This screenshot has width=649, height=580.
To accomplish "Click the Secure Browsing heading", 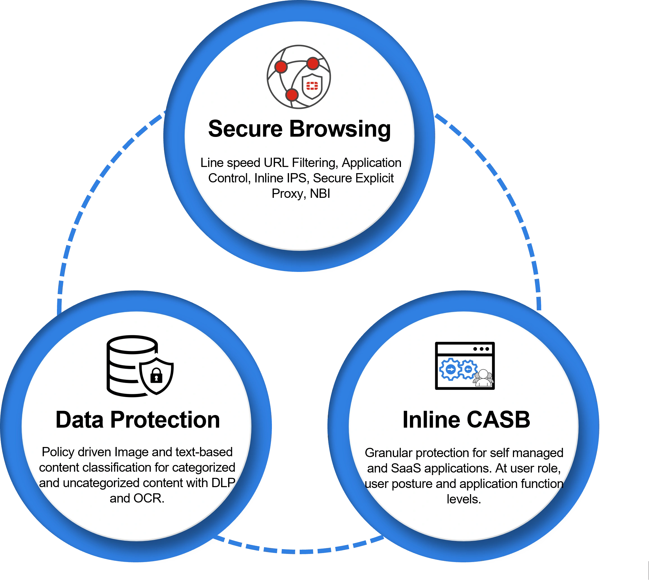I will point(299,129).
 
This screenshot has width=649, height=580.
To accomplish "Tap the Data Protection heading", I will point(138,420).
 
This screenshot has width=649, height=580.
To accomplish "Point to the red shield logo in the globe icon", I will point(312,86).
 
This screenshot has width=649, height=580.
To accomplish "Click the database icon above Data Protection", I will point(132,366).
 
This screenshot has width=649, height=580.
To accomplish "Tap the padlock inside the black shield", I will point(156,376).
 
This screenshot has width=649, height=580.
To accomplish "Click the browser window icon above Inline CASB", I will point(465,366).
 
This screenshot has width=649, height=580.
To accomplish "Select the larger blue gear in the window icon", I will point(450,369).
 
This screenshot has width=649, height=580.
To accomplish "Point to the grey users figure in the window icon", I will point(483,378).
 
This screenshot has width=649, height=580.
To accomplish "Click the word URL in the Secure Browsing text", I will point(276,163).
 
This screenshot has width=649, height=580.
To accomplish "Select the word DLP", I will point(223,483).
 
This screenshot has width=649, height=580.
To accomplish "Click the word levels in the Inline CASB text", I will point(464,499).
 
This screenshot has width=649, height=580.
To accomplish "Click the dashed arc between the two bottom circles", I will point(299,550).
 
